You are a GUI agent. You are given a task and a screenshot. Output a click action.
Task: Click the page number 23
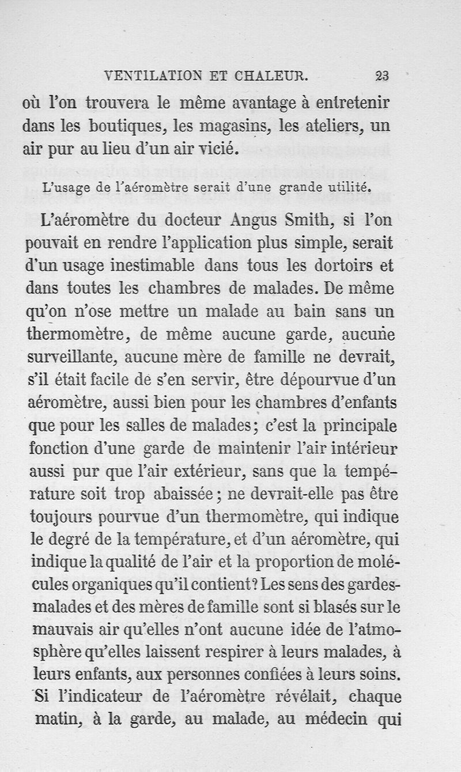click(x=382, y=75)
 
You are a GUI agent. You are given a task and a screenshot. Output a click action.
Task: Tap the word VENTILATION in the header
click(x=148, y=75)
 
